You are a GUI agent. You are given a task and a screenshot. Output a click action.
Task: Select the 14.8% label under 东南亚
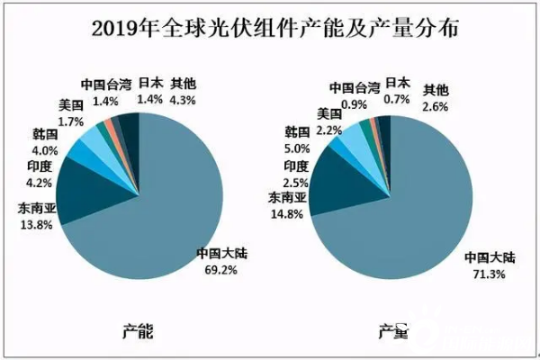coord(286,212)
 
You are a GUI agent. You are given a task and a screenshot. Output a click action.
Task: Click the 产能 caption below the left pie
coord(138,332)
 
